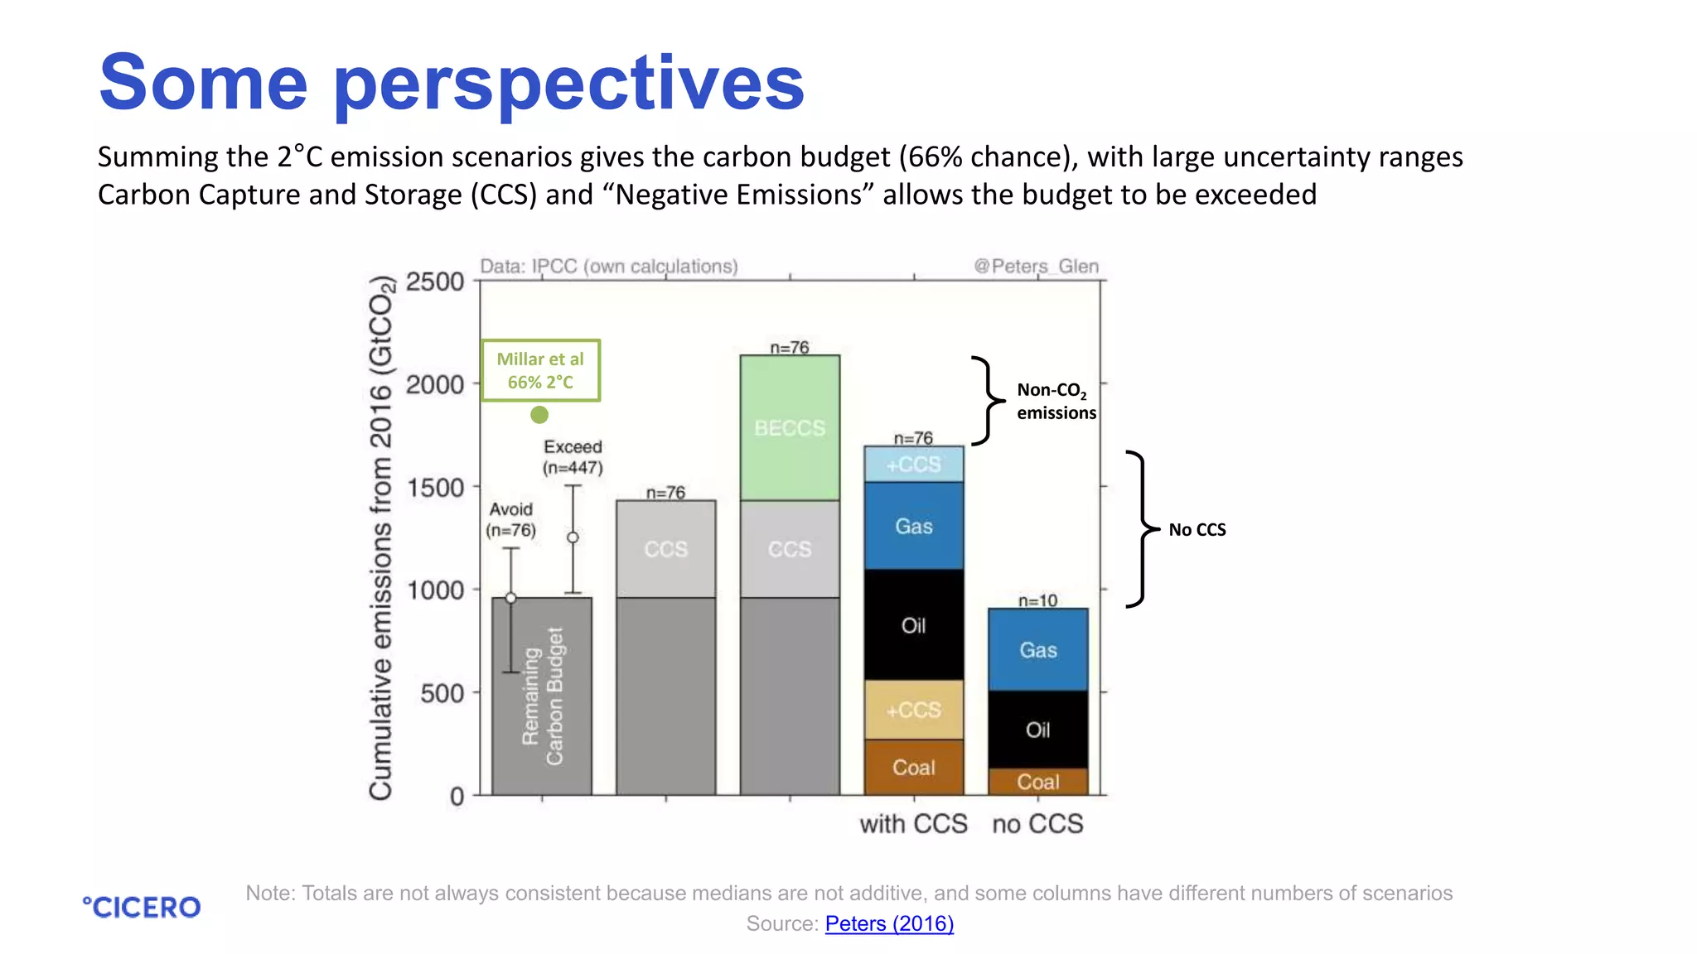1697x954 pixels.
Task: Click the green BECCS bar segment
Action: point(790,427)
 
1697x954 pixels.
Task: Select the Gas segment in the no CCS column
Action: point(1037,650)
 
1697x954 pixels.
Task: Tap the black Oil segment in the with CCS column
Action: point(913,625)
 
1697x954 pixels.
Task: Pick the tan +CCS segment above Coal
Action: point(913,710)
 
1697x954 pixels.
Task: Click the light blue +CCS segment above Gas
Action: point(913,465)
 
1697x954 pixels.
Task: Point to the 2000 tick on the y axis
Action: point(435,384)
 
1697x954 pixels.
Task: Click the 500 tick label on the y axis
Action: point(442,693)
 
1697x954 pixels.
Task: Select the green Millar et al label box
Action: point(540,370)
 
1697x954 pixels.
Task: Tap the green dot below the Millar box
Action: point(539,414)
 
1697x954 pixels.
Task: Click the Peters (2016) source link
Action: point(889,923)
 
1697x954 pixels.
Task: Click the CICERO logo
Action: point(142,907)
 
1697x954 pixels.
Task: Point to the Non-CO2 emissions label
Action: point(1056,401)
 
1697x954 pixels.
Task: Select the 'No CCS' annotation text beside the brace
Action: point(1197,530)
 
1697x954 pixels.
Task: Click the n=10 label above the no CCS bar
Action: point(1037,600)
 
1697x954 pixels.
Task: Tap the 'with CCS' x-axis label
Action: point(913,824)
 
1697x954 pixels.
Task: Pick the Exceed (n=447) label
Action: point(573,457)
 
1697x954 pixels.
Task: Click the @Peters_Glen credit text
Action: point(1036,266)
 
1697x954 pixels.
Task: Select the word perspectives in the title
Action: point(569,83)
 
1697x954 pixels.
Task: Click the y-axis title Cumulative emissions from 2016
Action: point(380,538)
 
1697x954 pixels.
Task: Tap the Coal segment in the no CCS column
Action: point(1037,782)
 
